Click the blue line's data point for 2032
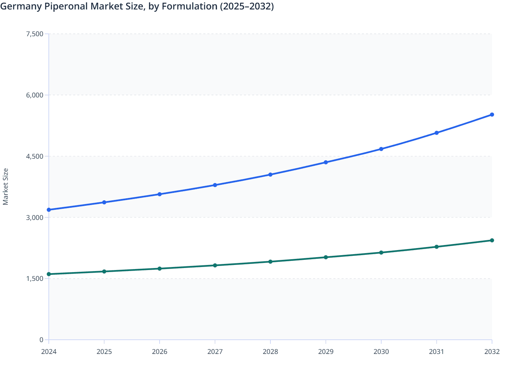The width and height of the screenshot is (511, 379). point(492,115)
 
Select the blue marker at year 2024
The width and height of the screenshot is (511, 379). point(49,210)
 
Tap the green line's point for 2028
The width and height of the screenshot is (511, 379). point(270,262)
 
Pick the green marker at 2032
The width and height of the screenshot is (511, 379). point(492,240)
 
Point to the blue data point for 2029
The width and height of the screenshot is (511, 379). point(326,162)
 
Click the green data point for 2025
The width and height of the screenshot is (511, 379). point(104,271)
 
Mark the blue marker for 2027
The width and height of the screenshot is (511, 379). point(215,185)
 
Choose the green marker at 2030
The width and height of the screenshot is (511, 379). point(381,252)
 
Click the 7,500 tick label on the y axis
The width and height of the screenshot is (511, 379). point(35,34)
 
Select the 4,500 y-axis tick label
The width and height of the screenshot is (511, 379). point(35,156)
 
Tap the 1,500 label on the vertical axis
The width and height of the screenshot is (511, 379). point(35,279)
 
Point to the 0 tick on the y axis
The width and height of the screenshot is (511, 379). point(41,340)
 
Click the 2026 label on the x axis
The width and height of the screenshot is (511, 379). point(160,352)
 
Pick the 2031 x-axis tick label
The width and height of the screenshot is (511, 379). point(436,352)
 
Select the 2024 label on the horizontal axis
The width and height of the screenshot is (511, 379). point(49,352)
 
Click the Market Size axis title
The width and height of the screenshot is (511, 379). point(6,187)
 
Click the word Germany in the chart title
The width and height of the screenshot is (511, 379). point(21,6)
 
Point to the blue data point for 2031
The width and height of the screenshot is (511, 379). point(436,133)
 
